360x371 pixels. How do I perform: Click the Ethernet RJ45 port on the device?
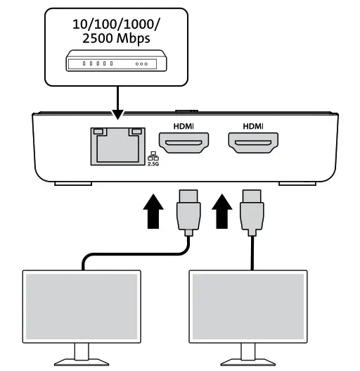pyautogui.click(x=118, y=146)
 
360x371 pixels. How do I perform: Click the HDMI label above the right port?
pyautogui.click(x=252, y=127)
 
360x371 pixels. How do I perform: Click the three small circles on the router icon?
pyautogui.click(x=143, y=63)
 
